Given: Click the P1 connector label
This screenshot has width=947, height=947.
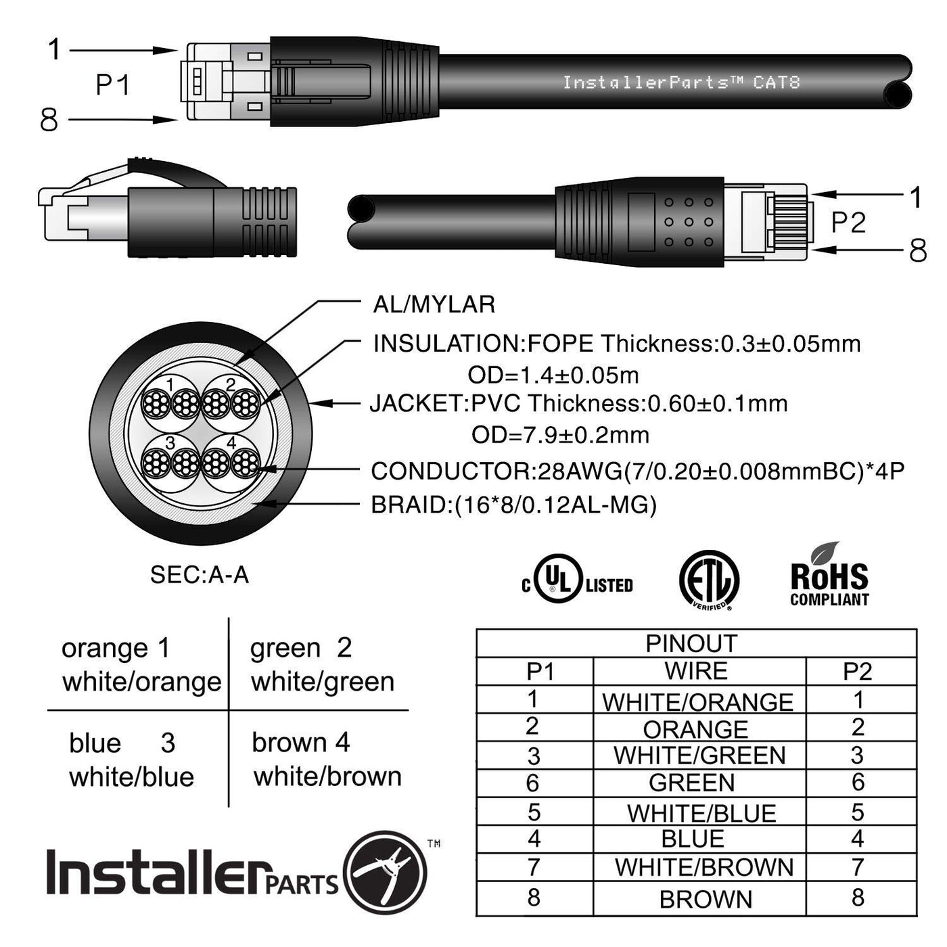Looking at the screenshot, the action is click(x=113, y=85).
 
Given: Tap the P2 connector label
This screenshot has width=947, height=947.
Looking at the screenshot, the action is click(x=848, y=223).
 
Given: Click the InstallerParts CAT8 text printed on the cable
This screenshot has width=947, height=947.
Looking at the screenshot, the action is click(x=682, y=82).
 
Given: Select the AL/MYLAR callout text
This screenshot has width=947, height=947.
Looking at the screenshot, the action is click(x=434, y=304).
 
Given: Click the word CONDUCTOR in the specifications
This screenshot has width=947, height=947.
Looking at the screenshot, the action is click(x=451, y=471).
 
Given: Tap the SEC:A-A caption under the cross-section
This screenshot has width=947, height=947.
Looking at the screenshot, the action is click(x=200, y=574).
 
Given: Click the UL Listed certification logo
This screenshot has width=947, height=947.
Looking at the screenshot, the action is click(x=577, y=579).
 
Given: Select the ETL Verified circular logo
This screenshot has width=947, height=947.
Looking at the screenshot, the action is click(x=709, y=580).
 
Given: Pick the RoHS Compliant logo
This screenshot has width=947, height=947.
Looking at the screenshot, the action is click(x=829, y=575).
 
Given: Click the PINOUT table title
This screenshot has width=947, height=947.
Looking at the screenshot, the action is click(x=691, y=644).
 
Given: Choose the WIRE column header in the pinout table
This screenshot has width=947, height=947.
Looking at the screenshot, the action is click(x=696, y=671).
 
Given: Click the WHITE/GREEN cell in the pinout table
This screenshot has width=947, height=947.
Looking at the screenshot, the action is click(x=699, y=756).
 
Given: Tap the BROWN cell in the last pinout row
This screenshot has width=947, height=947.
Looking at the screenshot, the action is click(x=706, y=900).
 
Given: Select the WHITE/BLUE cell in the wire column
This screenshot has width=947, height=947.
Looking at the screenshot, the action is click(x=701, y=813).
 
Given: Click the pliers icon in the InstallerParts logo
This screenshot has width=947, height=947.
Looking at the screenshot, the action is click(x=385, y=873).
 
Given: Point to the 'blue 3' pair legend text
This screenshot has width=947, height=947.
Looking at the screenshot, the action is click(x=122, y=743).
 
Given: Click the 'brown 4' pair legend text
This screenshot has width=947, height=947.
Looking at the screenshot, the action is click(x=301, y=742).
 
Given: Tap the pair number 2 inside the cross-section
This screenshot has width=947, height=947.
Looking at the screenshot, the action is click(x=231, y=385).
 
